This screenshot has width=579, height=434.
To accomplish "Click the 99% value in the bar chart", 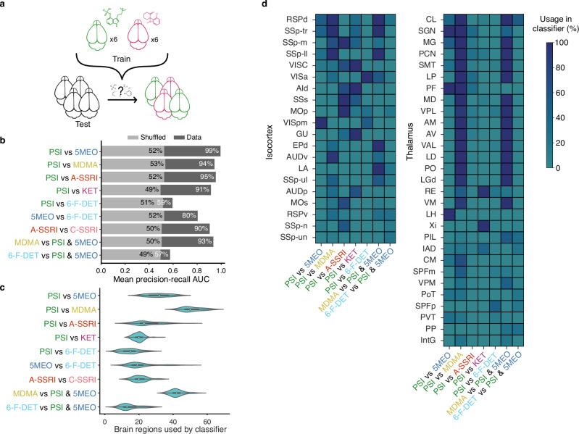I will [211, 151].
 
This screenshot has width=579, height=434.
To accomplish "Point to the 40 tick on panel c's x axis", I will [172, 422].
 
